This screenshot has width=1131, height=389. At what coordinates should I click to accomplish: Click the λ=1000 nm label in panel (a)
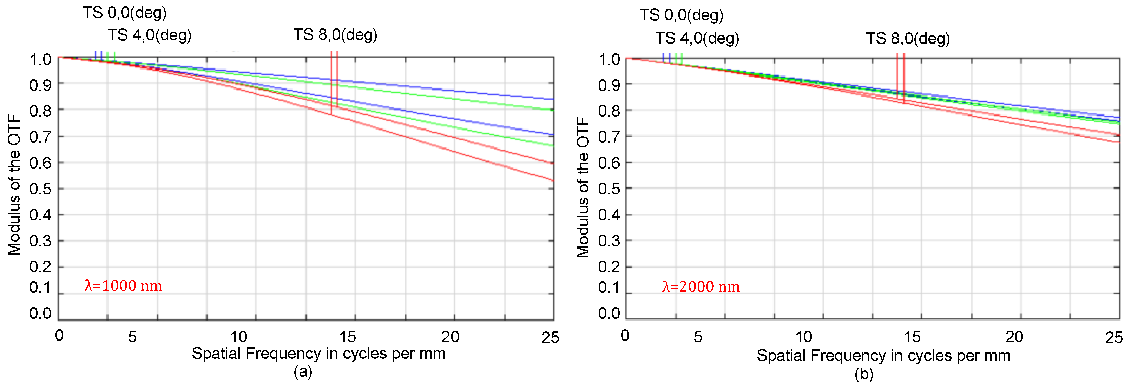[123, 286]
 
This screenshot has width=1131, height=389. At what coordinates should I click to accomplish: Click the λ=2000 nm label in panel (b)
[701, 287]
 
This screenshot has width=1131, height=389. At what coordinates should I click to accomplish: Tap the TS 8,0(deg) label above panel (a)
[335, 34]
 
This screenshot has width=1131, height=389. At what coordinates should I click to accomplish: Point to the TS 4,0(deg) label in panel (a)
[149, 35]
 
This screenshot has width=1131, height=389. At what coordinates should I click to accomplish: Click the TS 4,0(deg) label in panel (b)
[697, 38]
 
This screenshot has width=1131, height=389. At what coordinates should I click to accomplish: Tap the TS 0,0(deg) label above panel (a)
[125, 12]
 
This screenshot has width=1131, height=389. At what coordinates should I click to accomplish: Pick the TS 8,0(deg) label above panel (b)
[908, 38]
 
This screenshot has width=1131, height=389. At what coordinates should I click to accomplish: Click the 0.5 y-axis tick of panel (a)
[40, 189]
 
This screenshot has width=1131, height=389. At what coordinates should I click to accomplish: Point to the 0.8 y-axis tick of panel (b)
[609, 111]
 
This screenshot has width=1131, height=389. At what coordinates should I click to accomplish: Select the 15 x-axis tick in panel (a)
[347, 337]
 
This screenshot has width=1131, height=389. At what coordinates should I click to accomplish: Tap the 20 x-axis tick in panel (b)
[1014, 337]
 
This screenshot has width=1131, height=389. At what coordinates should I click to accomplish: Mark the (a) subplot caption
[303, 372]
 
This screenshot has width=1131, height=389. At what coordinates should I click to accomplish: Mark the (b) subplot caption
[864, 374]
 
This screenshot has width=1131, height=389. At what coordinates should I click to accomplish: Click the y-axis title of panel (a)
[14, 184]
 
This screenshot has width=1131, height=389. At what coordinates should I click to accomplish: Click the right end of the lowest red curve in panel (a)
[553, 180]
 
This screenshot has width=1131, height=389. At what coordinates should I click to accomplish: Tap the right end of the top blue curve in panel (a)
[553, 99]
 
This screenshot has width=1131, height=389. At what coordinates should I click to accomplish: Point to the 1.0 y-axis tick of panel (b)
[609, 59]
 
